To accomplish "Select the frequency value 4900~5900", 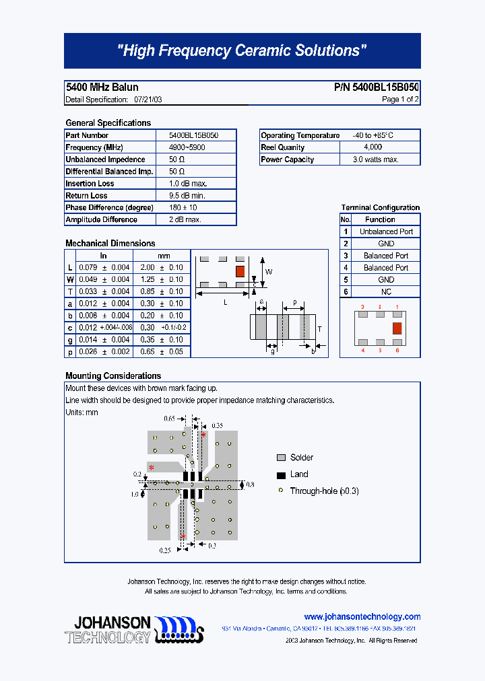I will coord(187,147).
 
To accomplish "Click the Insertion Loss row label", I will coord(90,184).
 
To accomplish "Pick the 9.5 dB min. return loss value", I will coord(187,196).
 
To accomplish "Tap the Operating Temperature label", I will coord(300,135).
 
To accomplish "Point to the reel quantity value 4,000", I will coord(373,147).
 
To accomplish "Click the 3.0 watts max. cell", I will coord(376,159).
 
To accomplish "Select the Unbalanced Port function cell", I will coord(386,231).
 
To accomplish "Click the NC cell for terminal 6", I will coord(386,292).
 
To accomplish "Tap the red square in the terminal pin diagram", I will coord(397,328).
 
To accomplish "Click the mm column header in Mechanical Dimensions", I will coord(164,256).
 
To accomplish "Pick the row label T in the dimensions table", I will coord(70,291).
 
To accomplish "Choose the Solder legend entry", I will coord(302,458).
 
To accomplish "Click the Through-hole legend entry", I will coord(324,491).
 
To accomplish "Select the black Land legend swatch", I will coord(281,475).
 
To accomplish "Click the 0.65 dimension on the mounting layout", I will coord(169,419).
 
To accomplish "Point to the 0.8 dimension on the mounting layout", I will coord(250,485).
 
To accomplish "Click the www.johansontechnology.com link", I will coord(362,616).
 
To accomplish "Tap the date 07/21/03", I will coord(148,100).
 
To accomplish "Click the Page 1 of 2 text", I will coord(400,100).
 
